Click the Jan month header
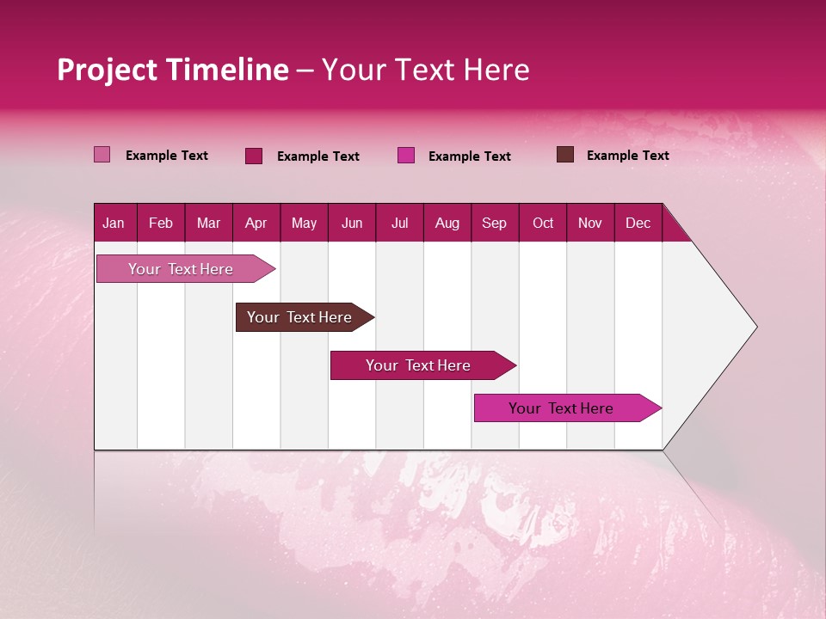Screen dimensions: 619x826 (x=114, y=223)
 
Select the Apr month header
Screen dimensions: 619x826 (x=256, y=223)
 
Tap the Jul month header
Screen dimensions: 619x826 (x=399, y=223)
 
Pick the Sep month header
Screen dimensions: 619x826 (x=495, y=223)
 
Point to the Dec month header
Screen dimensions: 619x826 (x=638, y=223)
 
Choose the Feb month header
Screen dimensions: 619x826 (x=161, y=223)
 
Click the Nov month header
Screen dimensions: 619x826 (x=590, y=223)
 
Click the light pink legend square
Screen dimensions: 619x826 (x=102, y=155)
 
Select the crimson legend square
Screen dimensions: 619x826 (x=254, y=156)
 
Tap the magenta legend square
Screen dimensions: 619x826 (x=406, y=156)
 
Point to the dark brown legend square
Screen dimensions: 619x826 (x=565, y=155)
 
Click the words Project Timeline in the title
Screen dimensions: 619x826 (x=172, y=70)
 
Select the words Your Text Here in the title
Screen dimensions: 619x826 (x=426, y=70)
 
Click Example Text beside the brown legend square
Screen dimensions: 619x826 (x=627, y=156)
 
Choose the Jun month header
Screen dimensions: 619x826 (x=352, y=223)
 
